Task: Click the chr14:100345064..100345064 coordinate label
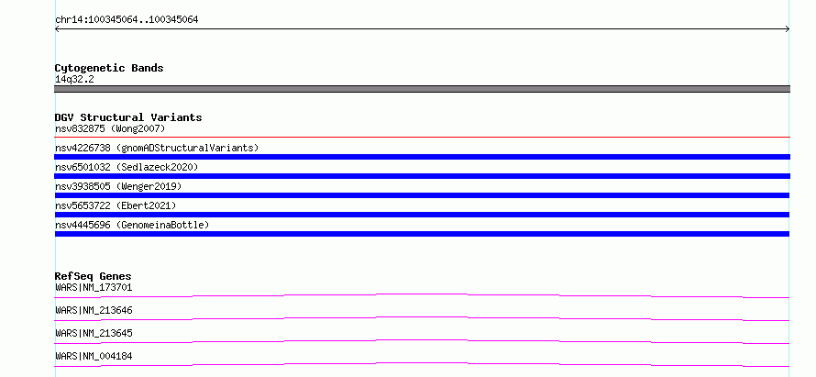click(x=127, y=20)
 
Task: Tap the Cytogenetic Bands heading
click(x=109, y=68)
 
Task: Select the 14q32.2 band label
click(x=74, y=80)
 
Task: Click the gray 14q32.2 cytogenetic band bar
click(x=422, y=89)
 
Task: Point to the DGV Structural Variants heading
click(x=128, y=117)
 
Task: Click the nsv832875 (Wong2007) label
click(x=110, y=128)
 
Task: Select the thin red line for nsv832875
click(x=422, y=137)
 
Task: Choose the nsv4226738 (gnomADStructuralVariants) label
click(x=157, y=148)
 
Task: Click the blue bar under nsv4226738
click(x=422, y=157)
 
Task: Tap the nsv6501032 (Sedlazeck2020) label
click(x=127, y=167)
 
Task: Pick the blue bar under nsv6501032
click(x=422, y=176)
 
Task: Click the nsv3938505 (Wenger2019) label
click(x=118, y=186)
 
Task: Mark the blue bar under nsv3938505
click(x=422, y=195)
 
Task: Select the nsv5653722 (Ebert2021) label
click(x=116, y=205)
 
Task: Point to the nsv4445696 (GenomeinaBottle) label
click(x=132, y=225)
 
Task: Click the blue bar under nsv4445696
click(x=422, y=234)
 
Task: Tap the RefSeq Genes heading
click(x=94, y=276)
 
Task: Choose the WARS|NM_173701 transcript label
click(x=94, y=287)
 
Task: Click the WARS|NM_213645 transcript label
click(x=94, y=333)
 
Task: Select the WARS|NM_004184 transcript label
click(x=94, y=356)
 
